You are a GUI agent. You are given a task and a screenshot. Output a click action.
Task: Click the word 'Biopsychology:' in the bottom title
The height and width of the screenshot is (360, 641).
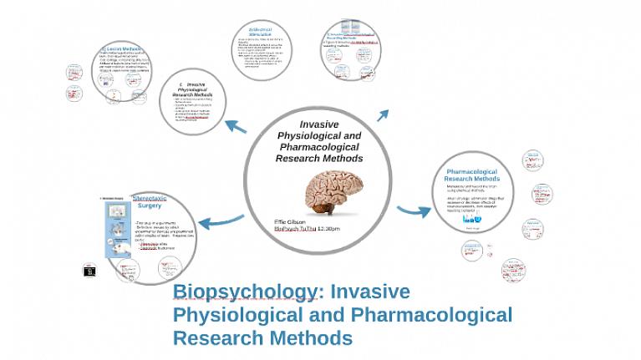coord(243,292)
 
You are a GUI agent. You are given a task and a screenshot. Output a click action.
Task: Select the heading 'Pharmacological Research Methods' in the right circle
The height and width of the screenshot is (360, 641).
coord(472,175)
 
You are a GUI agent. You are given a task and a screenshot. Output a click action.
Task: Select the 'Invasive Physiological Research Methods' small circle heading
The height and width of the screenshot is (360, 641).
coord(194,89)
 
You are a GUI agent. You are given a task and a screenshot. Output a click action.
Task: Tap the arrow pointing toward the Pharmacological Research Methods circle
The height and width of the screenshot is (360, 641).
coord(409,210)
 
